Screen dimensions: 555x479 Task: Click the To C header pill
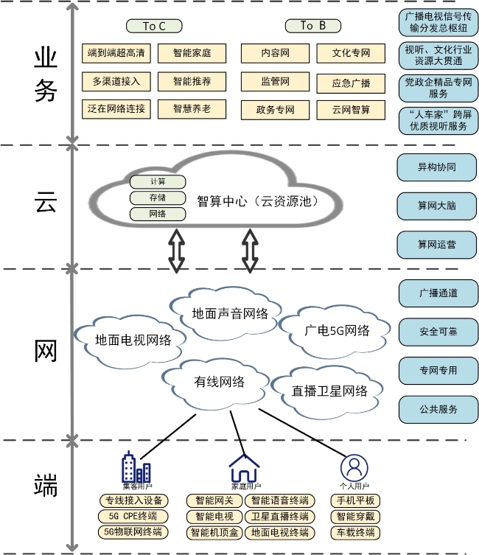pos(153,26)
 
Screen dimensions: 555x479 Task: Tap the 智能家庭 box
pos(192,53)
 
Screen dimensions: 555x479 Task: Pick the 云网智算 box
pos(352,110)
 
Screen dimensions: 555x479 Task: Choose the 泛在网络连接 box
pos(116,109)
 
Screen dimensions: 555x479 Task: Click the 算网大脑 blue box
pos(437,206)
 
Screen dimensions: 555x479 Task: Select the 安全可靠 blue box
pos(438,332)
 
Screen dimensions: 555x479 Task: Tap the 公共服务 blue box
pos(438,408)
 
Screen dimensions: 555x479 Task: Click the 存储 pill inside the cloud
pos(158,198)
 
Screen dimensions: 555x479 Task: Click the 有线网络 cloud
pos(219,381)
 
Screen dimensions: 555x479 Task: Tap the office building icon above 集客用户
pos(136,467)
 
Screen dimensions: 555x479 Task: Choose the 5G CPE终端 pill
pos(133,516)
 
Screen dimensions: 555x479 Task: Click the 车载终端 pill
pos(356,532)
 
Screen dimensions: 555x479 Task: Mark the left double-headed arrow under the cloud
pos(177,251)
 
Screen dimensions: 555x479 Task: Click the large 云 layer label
pos(46,203)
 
